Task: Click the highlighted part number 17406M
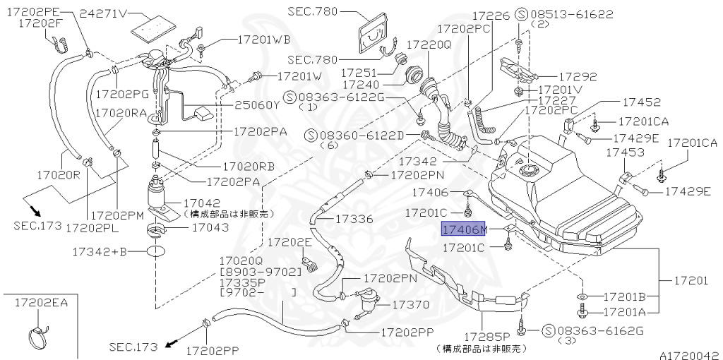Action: coord(464,229)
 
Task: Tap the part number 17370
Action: coord(411,304)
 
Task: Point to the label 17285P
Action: coord(486,336)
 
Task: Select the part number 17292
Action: coord(578,77)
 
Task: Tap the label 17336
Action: coord(355,219)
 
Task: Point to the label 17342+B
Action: coord(99,251)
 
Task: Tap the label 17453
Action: coord(621,152)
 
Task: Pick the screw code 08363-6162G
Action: coord(600,330)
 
